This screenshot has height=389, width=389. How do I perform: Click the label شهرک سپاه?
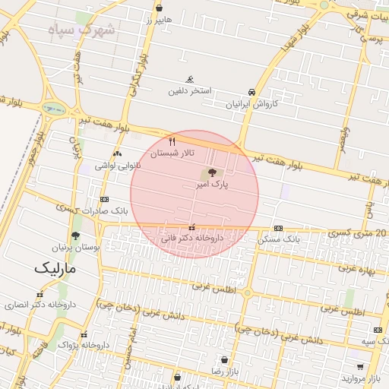pos(81,30)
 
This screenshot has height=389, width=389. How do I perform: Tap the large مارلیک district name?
pos(56,270)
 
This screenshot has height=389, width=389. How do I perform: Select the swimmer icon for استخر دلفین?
pos(190,79)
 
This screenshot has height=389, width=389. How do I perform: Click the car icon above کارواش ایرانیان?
pos(251,91)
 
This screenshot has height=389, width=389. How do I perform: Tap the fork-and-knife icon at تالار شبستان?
pos(172,141)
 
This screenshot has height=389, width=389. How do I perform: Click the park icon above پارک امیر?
pos(212,172)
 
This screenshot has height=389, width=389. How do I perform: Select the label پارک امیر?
pos(211,184)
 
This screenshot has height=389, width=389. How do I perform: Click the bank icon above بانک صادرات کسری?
pos(104,199)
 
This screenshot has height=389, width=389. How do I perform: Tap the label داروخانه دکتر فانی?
pos(191,238)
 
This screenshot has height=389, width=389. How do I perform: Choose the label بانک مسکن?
pos(279,239)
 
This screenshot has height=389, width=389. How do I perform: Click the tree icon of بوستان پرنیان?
pos(75,236)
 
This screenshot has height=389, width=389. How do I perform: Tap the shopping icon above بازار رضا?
pos(224,359)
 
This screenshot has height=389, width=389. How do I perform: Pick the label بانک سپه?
pos(370,340)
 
